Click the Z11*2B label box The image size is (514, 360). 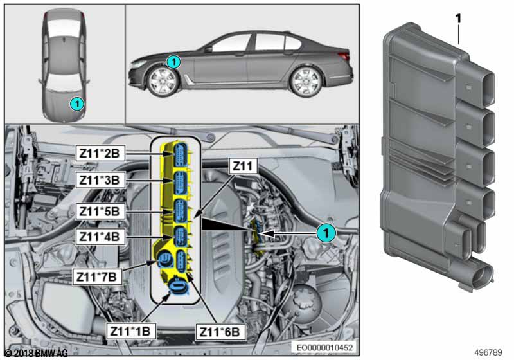tap(102, 153)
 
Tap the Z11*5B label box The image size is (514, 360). tap(102, 210)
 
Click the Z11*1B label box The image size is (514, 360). tap(130, 330)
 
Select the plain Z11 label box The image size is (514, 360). tap(243, 166)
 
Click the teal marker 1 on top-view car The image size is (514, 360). tap(76, 102)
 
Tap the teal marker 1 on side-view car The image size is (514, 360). tap(173, 62)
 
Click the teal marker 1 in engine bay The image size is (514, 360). tap(326, 233)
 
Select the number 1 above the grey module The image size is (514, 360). tap(459, 19)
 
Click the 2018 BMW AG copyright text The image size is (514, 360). tap(36, 353)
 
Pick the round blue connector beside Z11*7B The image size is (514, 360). tap(163, 260)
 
